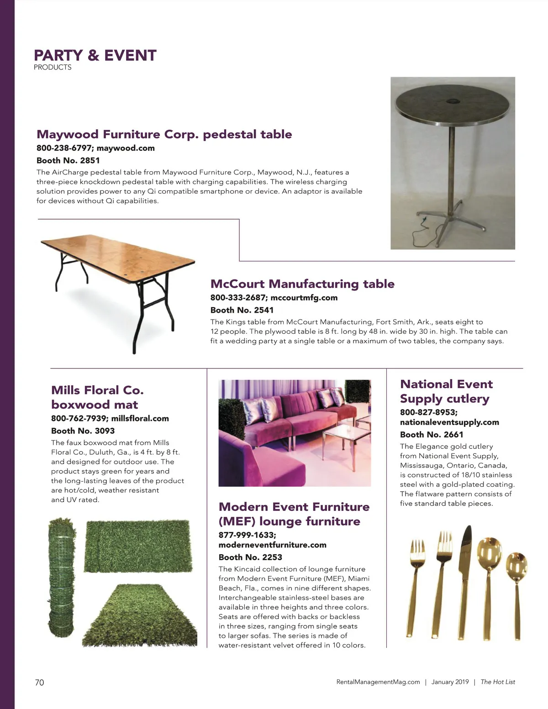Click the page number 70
(40, 682)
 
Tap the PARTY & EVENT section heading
(95, 55)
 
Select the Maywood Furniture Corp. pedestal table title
(164, 134)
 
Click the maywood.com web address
(126, 148)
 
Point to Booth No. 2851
(68, 160)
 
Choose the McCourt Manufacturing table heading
(302, 284)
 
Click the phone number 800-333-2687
(237, 298)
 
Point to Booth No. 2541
(242, 310)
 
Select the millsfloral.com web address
(140, 418)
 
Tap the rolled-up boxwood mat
(62, 578)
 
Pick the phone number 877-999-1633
(247, 535)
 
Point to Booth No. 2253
(250, 557)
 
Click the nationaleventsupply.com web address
(449, 422)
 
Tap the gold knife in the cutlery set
(465, 580)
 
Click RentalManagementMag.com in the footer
(378, 682)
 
